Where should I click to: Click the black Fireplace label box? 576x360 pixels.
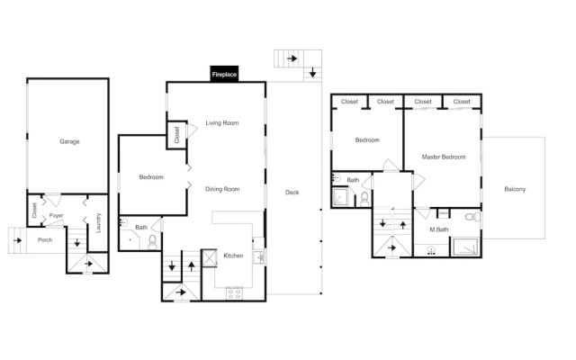pyautogui.click(x=224, y=74)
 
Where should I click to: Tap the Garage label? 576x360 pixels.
pyautogui.click(x=70, y=141)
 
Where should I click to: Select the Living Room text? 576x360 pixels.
pyautogui.click(x=222, y=122)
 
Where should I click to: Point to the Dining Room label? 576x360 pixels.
pyautogui.click(x=222, y=189)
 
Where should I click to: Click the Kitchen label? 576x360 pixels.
pyautogui.click(x=233, y=256)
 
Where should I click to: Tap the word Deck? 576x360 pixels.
pyautogui.click(x=292, y=192)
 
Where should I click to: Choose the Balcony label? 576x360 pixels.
pyautogui.click(x=515, y=189)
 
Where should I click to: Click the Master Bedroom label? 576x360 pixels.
pyautogui.click(x=444, y=157)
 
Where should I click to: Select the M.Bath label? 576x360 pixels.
pyautogui.click(x=439, y=229)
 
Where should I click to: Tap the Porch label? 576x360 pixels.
pyautogui.click(x=45, y=240)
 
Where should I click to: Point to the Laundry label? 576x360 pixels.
pyautogui.click(x=98, y=223)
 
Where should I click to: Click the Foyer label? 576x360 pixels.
pyautogui.click(x=56, y=216)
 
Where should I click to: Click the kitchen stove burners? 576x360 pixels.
pyautogui.click(x=234, y=293)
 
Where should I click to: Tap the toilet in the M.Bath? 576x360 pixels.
pyautogui.click(x=472, y=217)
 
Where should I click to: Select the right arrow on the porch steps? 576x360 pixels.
pyautogui.click(x=17, y=240)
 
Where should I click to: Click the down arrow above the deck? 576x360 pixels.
pyautogui.click(x=312, y=72)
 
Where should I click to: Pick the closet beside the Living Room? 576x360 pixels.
pyautogui.click(x=176, y=135)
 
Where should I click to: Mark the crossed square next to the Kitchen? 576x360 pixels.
pyautogui.click(x=210, y=258)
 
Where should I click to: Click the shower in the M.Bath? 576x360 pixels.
pyautogui.click(x=465, y=247)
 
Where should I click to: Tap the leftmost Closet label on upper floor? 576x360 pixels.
pyautogui.click(x=349, y=102)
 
